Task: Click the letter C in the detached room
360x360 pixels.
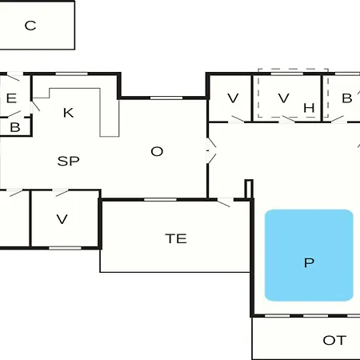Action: (30, 26)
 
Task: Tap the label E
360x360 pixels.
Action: (11, 98)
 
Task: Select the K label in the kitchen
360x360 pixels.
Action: (68, 113)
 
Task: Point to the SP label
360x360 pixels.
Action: (68, 161)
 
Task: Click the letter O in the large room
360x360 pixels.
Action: (157, 151)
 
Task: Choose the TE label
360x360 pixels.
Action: (176, 238)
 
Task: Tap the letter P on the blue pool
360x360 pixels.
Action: (309, 262)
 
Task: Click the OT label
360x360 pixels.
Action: (334, 340)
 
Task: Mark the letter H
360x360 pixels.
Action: (309, 108)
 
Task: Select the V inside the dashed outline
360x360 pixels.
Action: (283, 98)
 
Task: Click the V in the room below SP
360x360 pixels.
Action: (62, 219)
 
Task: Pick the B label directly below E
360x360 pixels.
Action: (15, 127)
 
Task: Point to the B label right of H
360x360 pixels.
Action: (347, 98)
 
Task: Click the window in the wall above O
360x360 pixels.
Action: (166, 98)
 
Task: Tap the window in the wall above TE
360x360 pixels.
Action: (160, 199)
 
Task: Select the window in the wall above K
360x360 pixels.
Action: (71, 74)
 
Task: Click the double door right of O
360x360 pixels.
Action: (210, 150)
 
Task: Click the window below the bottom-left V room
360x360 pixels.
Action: (65, 248)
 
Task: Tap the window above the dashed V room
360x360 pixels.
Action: (287, 74)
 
